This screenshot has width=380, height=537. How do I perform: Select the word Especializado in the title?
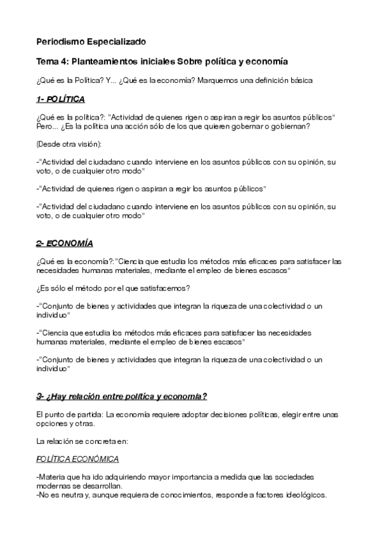(117, 42)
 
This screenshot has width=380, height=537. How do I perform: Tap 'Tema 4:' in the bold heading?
(53, 62)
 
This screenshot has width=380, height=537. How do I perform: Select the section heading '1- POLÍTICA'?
(61, 100)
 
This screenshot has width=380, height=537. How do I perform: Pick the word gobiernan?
(290, 126)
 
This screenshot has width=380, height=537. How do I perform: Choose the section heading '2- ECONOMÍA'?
(64, 243)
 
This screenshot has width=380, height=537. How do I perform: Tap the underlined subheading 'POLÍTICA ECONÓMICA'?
(77, 458)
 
